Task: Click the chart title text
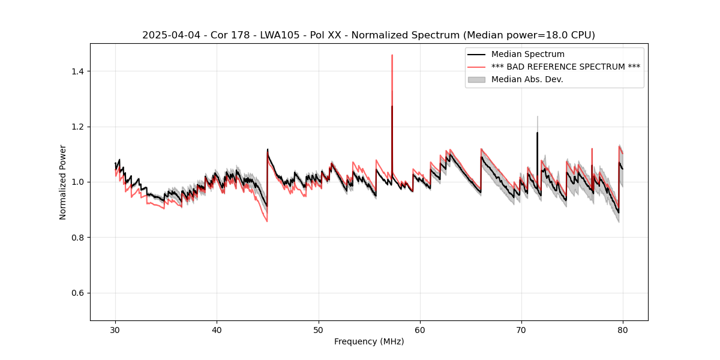[368, 35]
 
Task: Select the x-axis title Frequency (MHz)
[369, 341]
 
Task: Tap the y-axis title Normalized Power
[63, 182]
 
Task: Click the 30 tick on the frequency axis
[116, 329]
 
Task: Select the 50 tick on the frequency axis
[319, 329]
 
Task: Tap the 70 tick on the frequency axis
[521, 329]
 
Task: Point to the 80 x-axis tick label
[623, 329]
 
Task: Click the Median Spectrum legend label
[527, 55]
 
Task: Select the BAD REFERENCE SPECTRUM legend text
[565, 67]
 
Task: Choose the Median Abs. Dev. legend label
[527, 79]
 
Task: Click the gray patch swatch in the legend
[477, 79]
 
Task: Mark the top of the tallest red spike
[392, 55]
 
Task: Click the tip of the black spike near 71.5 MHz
[537, 133]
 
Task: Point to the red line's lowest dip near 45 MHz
[267, 221]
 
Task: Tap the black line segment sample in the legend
[477, 55]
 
